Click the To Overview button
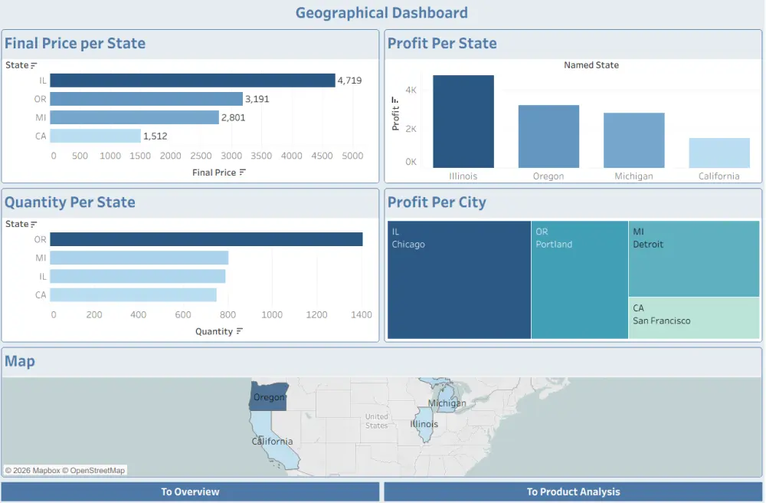[x=190, y=491]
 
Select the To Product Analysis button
[x=573, y=491]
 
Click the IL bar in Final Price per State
[x=192, y=81]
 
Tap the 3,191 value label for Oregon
[x=257, y=99]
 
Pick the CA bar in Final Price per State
[x=96, y=136]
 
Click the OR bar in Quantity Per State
[x=206, y=239]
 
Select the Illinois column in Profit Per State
[x=463, y=121]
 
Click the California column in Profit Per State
[x=719, y=153]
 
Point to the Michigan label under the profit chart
[x=633, y=176]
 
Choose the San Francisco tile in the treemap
[x=695, y=318]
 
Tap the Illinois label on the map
[x=424, y=424]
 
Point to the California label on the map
[x=273, y=442]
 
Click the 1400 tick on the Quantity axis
[x=361, y=314]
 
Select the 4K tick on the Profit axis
[x=411, y=90]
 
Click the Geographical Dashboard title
[x=381, y=13]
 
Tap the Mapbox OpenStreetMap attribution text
[x=65, y=470]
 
